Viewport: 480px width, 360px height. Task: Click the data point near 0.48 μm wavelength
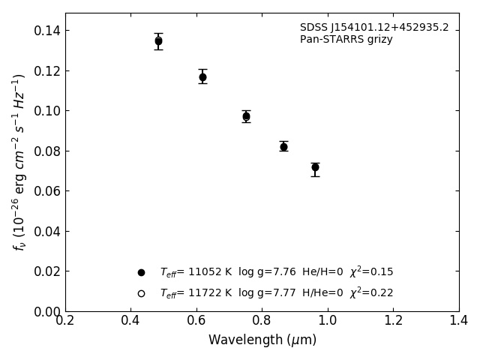coord(158,41)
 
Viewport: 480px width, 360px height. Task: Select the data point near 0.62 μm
coord(202,76)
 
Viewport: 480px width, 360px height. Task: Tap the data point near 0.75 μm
coord(246,116)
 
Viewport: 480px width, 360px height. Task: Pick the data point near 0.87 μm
coord(283,146)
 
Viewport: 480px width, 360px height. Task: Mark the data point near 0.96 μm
coord(315,167)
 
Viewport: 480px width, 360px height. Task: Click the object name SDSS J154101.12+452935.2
coord(374,28)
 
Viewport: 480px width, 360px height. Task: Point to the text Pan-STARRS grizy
coord(346,40)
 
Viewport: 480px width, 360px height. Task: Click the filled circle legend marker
coord(141,272)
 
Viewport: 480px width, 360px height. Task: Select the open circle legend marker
coord(141,293)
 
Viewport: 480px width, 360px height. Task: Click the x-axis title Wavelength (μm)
coord(262,340)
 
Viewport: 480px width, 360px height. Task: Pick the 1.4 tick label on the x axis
coord(459,320)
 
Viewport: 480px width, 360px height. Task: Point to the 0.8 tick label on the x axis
coord(262,320)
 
